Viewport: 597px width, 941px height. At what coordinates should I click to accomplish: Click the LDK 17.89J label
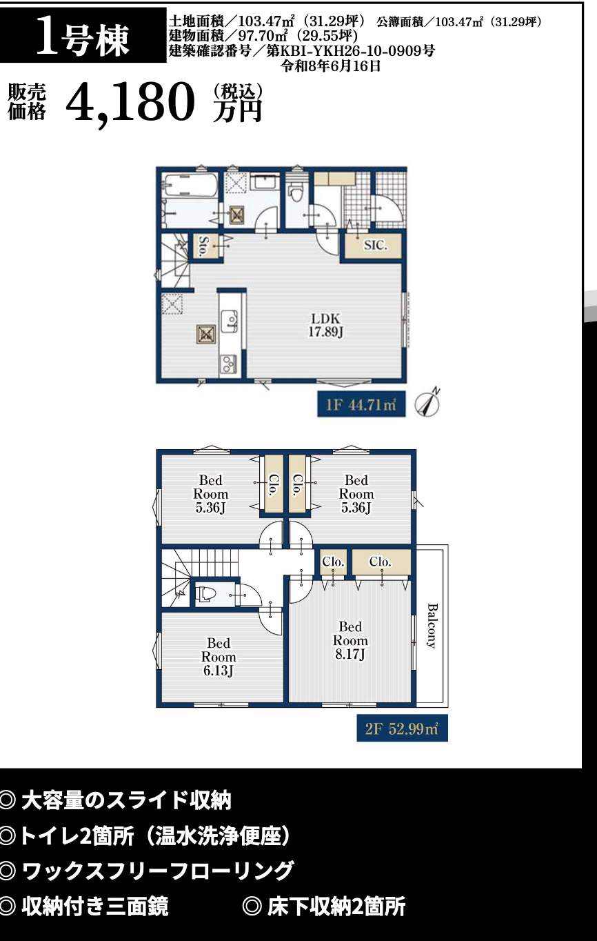click(x=326, y=325)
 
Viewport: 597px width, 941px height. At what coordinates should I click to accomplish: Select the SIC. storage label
click(x=376, y=246)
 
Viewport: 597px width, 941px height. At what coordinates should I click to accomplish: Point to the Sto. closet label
click(x=205, y=246)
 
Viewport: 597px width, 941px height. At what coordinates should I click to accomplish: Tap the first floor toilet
click(x=297, y=190)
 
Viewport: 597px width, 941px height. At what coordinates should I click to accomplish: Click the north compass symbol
click(x=427, y=403)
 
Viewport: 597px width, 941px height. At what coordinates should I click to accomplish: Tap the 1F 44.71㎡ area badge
click(x=361, y=404)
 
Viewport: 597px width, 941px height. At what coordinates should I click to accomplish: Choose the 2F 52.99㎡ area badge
click(x=402, y=728)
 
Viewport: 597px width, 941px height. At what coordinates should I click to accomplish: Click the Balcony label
click(x=432, y=626)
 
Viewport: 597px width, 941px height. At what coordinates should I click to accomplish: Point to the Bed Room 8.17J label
click(x=350, y=641)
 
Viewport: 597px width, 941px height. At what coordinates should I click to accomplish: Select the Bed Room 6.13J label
click(x=219, y=657)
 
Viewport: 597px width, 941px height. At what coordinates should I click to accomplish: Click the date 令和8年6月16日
click(x=332, y=66)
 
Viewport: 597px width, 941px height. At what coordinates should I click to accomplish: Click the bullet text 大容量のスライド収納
click(x=126, y=801)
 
